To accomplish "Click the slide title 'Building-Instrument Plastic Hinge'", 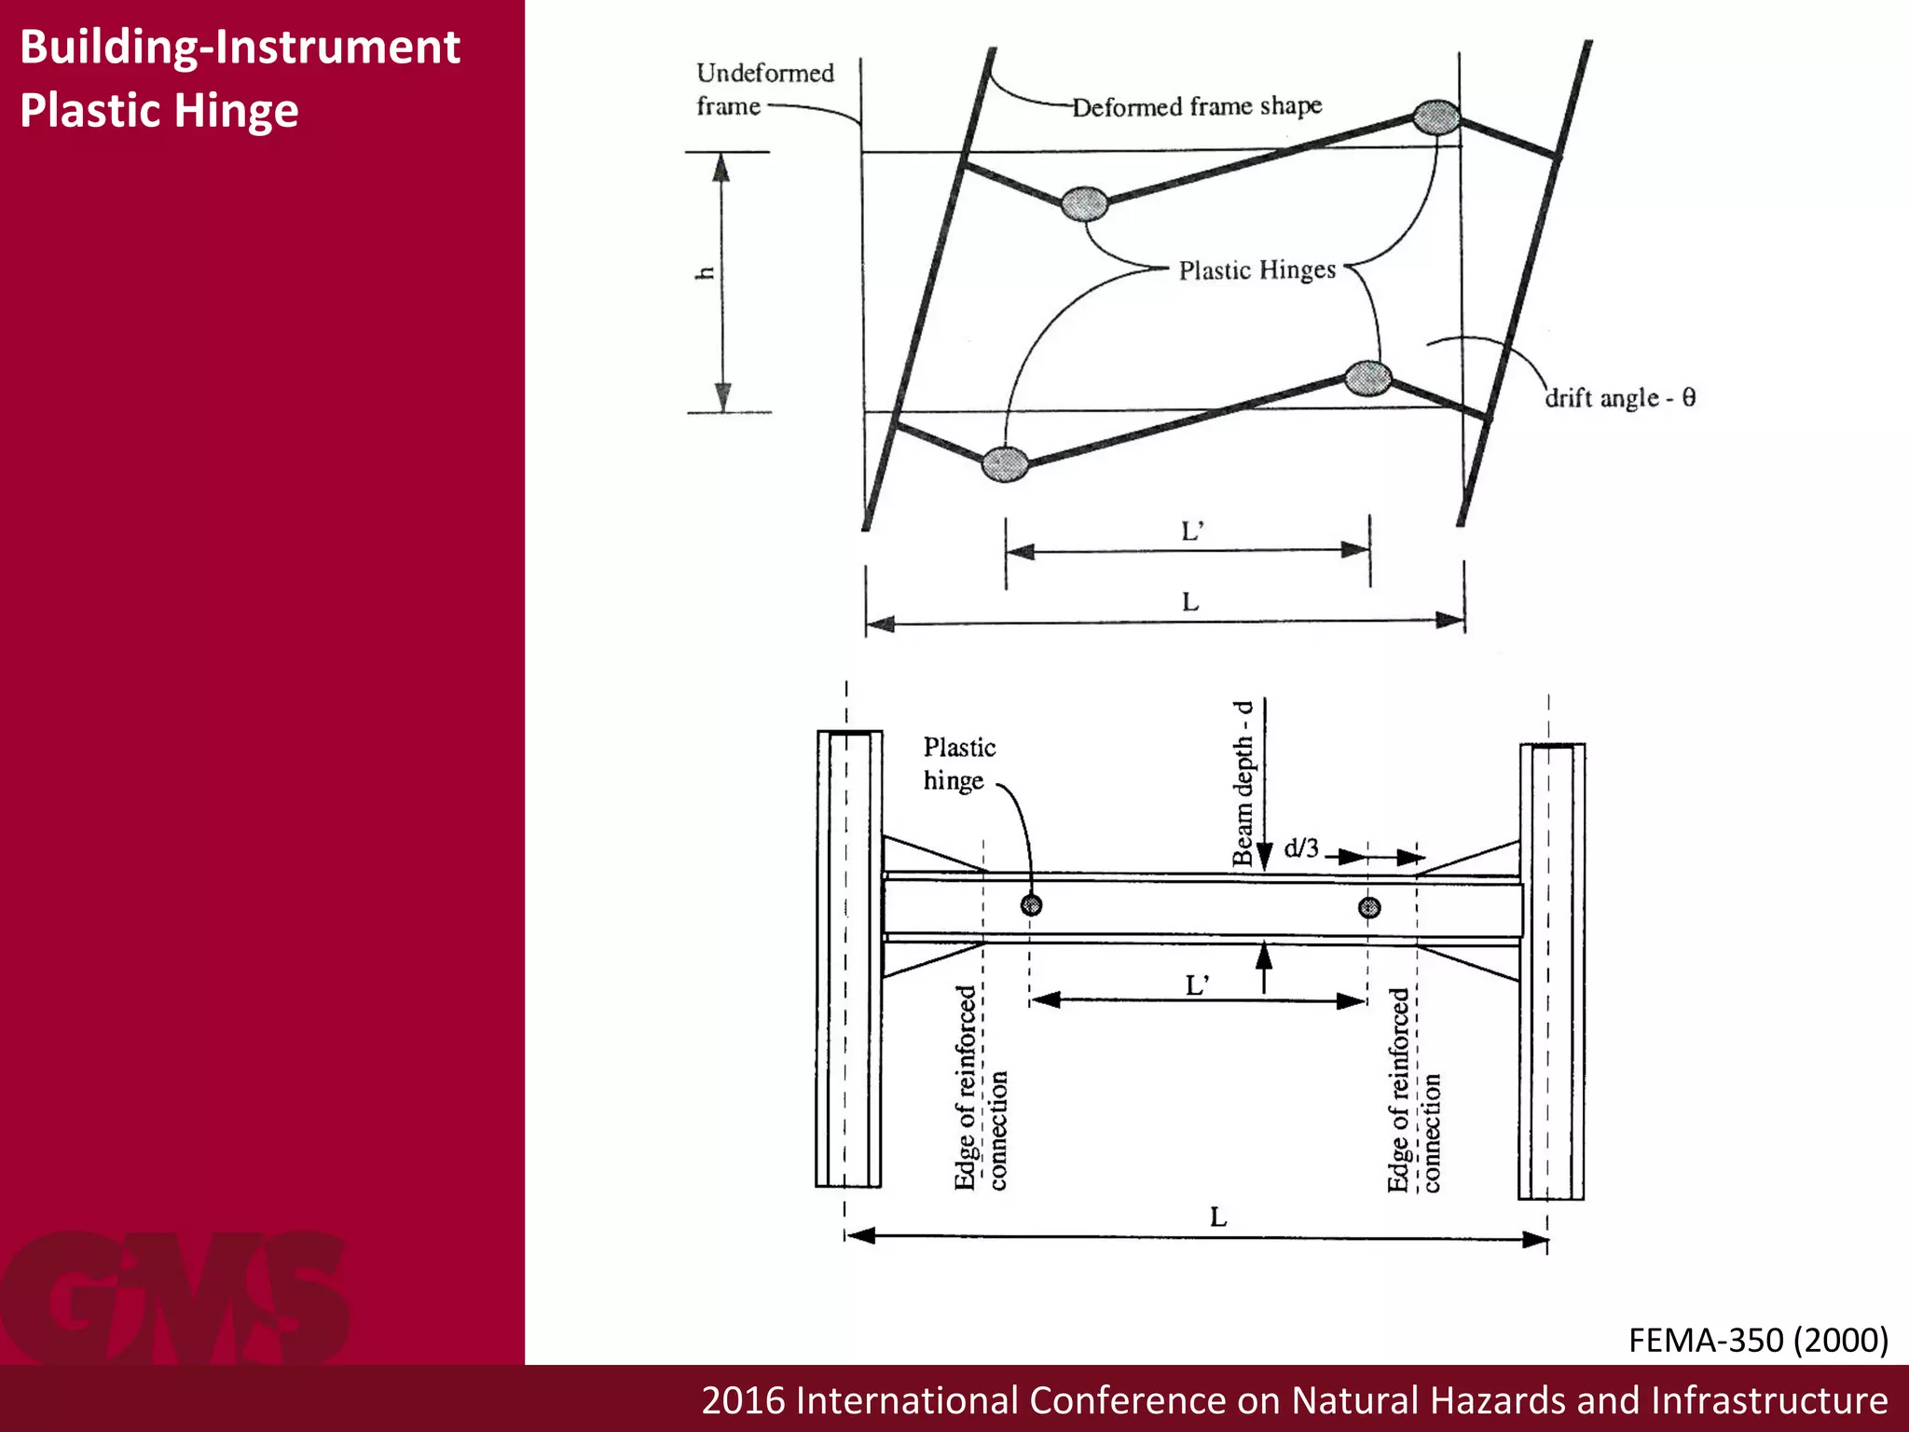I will [240, 78].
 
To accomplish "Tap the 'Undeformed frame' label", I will [764, 89].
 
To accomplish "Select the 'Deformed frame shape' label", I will [1197, 106].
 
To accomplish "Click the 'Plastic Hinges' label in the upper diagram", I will [1257, 270].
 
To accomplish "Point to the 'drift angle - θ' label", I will [1620, 398].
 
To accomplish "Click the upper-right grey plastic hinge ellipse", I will [1436, 117].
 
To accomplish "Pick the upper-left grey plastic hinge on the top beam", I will [1085, 202].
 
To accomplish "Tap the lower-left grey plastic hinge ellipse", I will [1006, 462].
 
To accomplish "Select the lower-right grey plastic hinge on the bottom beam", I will [1368, 378].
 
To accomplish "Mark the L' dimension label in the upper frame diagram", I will [1192, 531].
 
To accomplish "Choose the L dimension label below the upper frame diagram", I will [1190, 602].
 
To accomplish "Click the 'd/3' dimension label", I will [1301, 848].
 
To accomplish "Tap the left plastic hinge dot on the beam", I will [1031, 904].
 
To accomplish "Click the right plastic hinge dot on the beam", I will [1368, 907].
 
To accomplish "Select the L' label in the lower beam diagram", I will [1198, 984].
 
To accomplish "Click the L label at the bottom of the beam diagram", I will [1218, 1217].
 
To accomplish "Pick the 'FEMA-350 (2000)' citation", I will [1758, 1340].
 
